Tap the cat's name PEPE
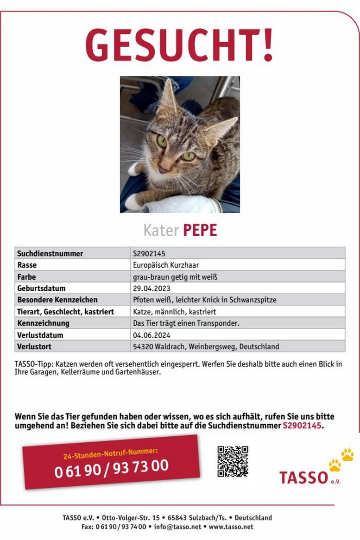(200, 230)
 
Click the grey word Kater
(160, 230)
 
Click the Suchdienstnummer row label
(50, 253)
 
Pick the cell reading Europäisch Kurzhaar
(169, 265)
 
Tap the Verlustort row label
(34, 346)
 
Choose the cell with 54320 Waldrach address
(206, 346)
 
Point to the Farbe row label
(26, 277)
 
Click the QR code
(233, 461)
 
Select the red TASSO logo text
(303, 477)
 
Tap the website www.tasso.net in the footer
(231, 527)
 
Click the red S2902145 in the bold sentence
(302, 426)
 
